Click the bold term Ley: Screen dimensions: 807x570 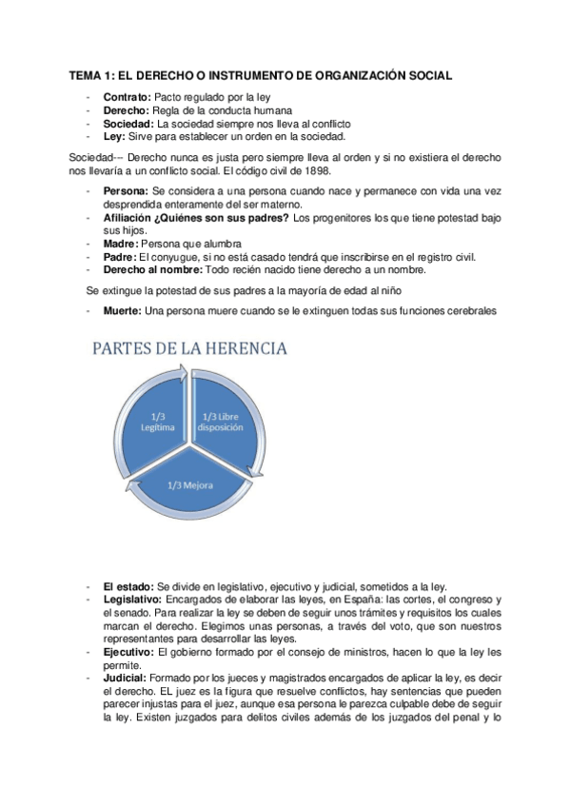point(113,135)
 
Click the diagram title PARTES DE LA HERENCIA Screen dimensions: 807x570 point(188,349)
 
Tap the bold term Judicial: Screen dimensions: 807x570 point(125,677)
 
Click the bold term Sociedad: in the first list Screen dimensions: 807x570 point(128,123)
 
